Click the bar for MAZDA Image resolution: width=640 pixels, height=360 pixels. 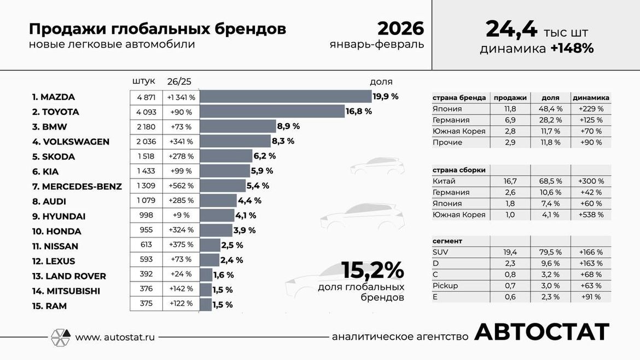point(286,97)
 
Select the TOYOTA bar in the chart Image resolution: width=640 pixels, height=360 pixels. point(272,112)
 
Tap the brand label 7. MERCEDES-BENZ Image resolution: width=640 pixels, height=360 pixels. point(77,187)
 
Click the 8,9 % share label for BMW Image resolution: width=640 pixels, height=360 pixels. point(288,126)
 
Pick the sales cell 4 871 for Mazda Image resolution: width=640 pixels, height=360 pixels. point(146,97)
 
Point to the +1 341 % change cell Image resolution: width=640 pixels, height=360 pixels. point(181,97)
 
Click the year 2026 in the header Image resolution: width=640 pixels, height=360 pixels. point(400,28)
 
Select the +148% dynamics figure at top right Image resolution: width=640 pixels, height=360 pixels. point(572,49)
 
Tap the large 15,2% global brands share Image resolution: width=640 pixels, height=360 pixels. point(373,270)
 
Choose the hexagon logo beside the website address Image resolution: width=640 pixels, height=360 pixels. point(60,337)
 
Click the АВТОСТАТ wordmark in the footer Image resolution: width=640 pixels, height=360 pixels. point(541,332)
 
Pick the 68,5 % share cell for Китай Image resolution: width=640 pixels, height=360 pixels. point(549,181)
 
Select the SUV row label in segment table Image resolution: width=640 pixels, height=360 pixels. point(440,252)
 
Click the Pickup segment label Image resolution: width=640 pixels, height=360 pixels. point(445,286)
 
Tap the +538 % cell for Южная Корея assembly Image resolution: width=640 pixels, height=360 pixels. point(591,214)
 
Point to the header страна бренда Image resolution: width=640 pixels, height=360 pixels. point(459,98)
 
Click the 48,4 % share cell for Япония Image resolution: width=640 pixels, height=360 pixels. point(550,109)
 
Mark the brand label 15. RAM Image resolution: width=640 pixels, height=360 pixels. point(49,306)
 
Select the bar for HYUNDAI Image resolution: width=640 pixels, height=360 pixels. point(217,216)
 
